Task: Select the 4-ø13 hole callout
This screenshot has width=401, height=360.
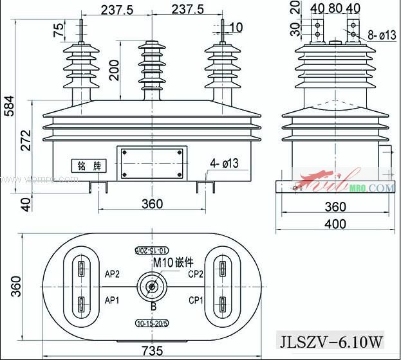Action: click(223, 163)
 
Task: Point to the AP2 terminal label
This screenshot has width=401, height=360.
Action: click(112, 273)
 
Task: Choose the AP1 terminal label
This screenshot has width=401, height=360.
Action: click(112, 300)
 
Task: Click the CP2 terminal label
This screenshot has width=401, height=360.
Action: click(197, 273)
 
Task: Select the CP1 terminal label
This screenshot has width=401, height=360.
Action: click(197, 300)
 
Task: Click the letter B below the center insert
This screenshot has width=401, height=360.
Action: click(153, 305)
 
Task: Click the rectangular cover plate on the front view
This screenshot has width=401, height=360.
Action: click(151, 164)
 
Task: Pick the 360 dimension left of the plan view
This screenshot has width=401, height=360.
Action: click(16, 283)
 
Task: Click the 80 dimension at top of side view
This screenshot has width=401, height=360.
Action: click(335, 8)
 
